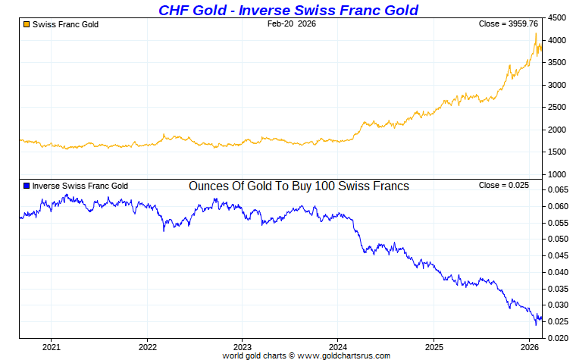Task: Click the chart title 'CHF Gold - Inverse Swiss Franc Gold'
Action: pyautogui.click(x=288, y=10)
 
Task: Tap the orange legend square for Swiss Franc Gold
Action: pyautogui.click(x=27, y=24)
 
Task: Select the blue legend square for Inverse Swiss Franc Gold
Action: pyautogui.click(x=27, y=186)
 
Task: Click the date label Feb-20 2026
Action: pyautogui.click(x=292, y=24)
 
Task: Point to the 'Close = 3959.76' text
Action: pyautogui.click(x=509, y=24)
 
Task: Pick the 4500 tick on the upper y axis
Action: pyautogui.click(x=557, y=17)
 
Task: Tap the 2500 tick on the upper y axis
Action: pyautogui.click(x=557, y=108)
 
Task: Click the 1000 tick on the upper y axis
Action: pyautogui.click(x=557, y=175)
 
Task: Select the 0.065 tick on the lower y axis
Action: pyautogui.click(x=559, y=189)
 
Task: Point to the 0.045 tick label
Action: pyautogui.click(x=559, y=255)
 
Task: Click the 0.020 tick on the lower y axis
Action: pyautogui.click(x=559, y=338)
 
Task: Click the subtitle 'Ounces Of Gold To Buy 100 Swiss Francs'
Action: pyautogui.click(x=299, y=186)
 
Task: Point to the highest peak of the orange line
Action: pyautogui.click(x=536, y=33)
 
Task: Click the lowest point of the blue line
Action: pyautogui.click(x=537, y=324)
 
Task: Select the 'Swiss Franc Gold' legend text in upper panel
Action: pyautogui.click(x=65, y=24)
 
